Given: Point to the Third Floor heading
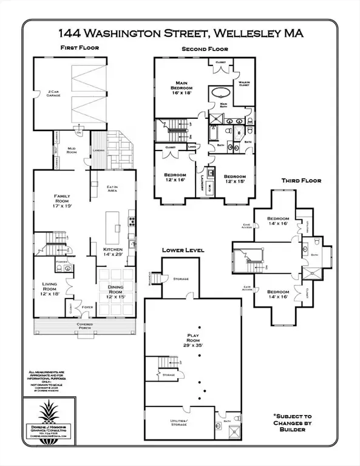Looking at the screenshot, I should click(x=301, y=180).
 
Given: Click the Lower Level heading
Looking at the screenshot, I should click(x=183, y=249).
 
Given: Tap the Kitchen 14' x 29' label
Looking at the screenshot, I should click(x=112, y=252).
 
